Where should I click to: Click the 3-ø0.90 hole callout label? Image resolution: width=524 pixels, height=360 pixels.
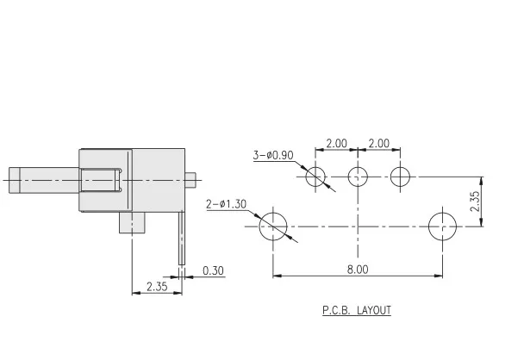pos(273,155)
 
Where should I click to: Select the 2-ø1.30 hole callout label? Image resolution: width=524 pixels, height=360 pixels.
pos(227,204)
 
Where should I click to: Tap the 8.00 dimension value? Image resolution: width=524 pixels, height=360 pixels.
pos(358,269)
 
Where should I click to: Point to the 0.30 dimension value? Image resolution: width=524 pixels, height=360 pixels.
pos(213,270)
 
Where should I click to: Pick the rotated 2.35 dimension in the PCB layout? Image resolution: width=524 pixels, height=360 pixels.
pos(475,202)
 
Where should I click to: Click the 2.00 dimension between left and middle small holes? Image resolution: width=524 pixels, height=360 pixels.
pos(336,143)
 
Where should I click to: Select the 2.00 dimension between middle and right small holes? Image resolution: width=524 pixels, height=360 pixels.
pos(378,143)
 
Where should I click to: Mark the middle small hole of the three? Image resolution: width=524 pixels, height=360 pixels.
pos(358,177)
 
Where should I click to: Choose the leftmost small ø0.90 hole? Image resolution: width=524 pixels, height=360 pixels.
pos(315,177)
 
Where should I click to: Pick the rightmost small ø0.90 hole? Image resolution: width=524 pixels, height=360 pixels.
pos(400,177)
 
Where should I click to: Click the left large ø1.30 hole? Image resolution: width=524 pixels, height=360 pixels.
pos(273,227)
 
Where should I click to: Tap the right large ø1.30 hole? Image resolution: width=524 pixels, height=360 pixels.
pos(443,227)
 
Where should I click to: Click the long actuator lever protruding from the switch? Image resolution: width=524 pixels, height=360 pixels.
pos(43,181)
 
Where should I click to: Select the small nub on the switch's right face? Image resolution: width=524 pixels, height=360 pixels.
pos(191,180)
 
